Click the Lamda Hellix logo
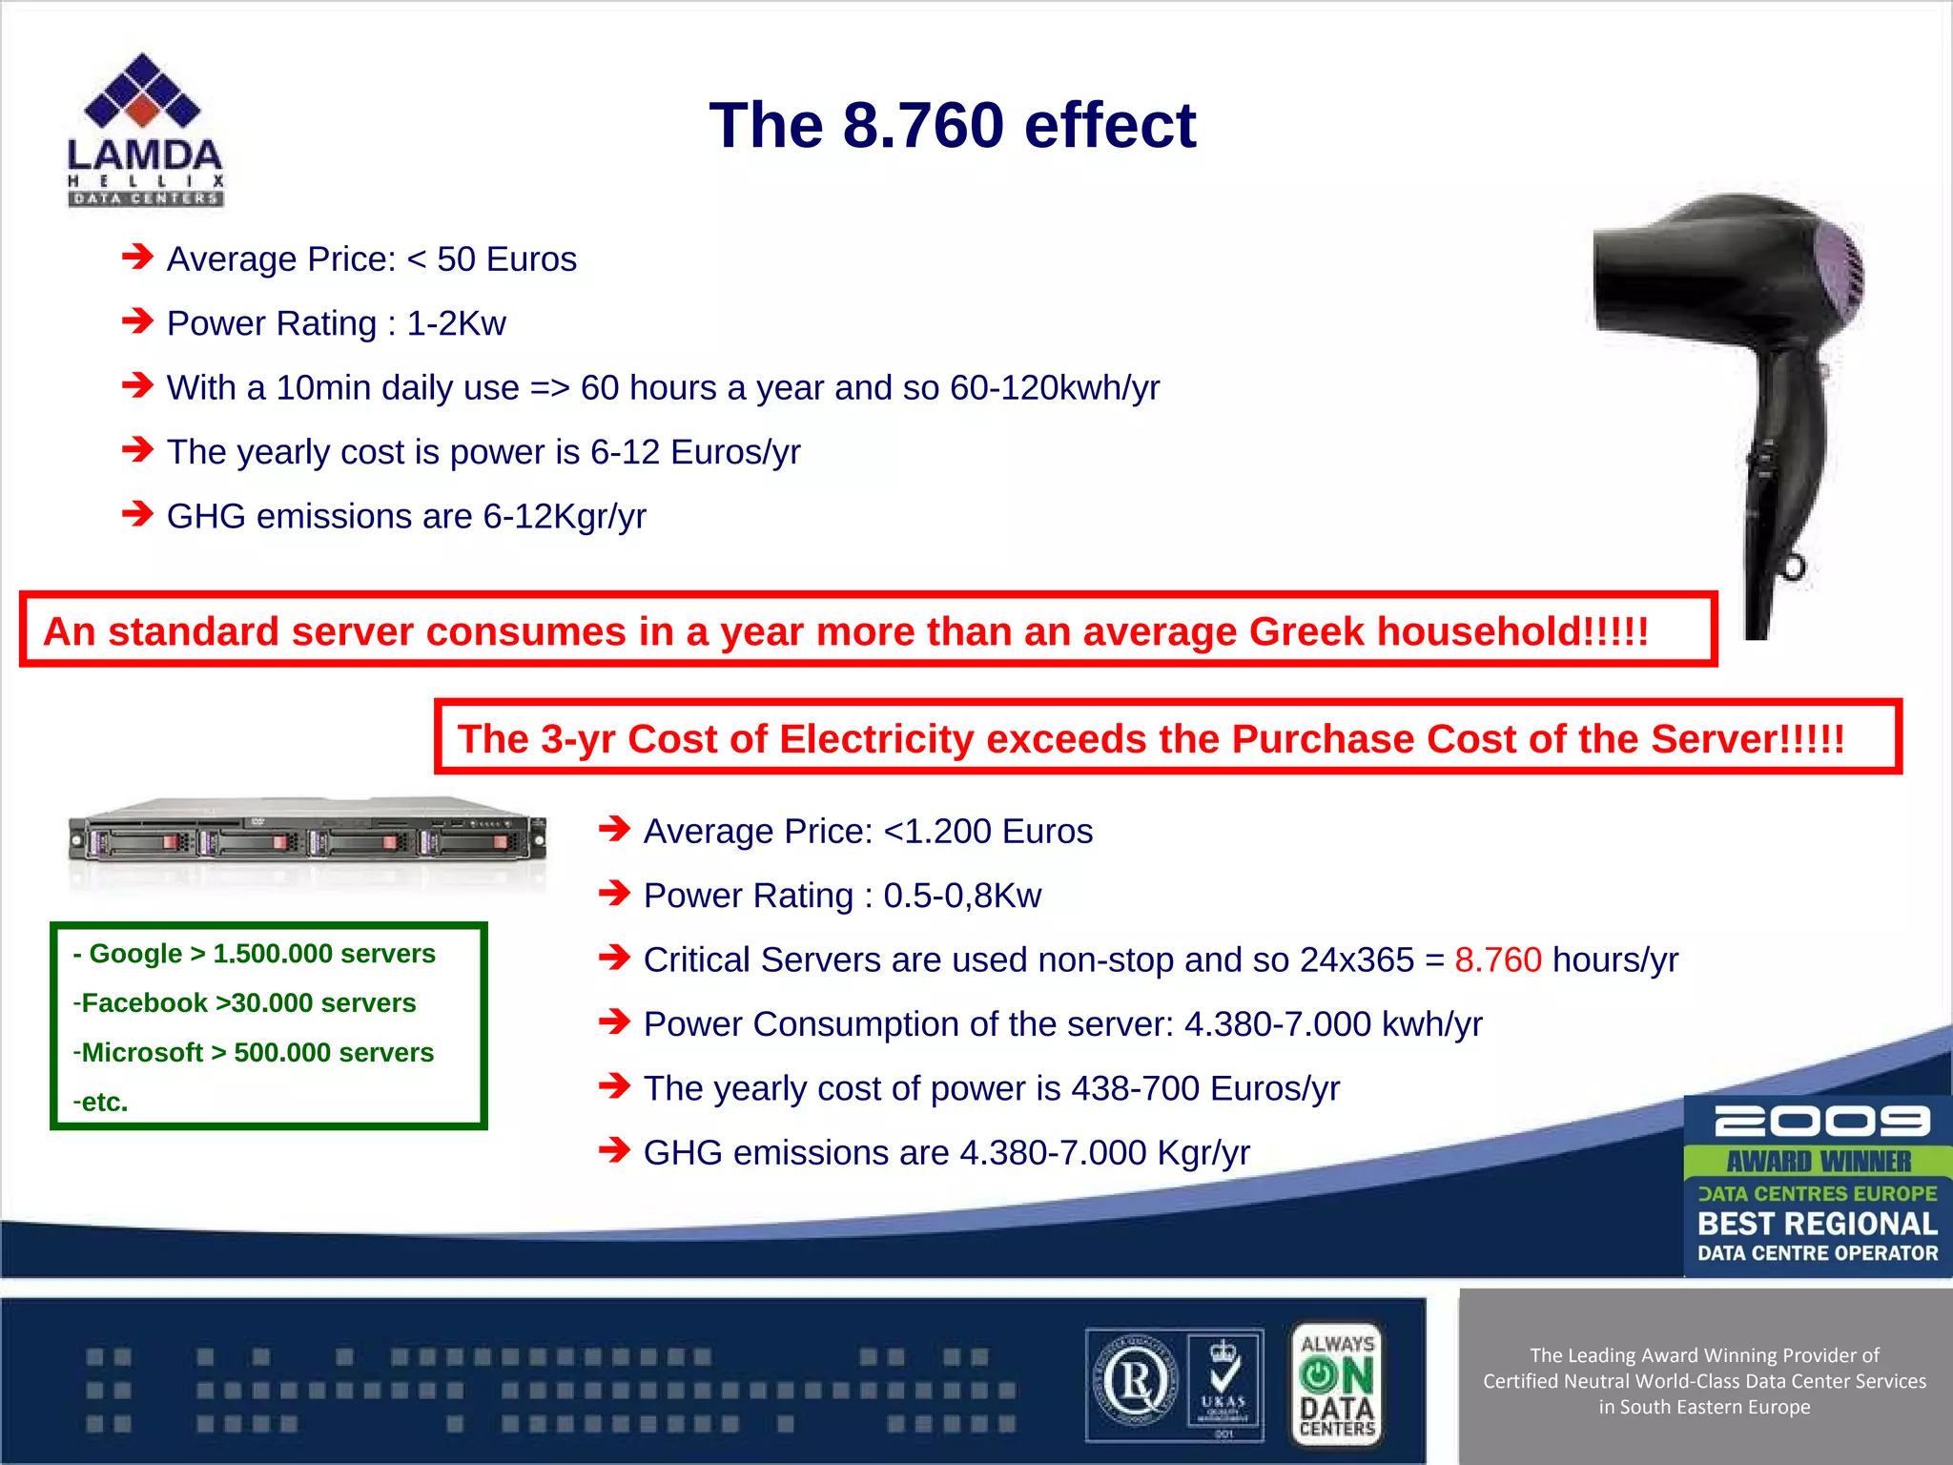tap(145, 130)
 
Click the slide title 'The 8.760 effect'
tap(952, 126)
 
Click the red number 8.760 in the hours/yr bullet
tap(1497, 959)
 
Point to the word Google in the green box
tap(135, 954)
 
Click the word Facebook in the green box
tap(144, 1003)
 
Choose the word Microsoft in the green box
tap(142, 1053)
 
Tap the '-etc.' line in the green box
tap(101, 1103)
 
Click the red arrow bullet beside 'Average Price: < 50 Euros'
tap(138, 257)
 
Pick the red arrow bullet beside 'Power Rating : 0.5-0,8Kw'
tap(615, 894)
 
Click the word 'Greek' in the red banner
tap(1306, 632)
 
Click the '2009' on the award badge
tap(1820, 1122)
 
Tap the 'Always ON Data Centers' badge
tap(1337, 1385)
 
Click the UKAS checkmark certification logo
tap(1224, 1385)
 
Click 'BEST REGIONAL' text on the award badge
tap(1817, 1224)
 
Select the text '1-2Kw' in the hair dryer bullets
tap(456, 324)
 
